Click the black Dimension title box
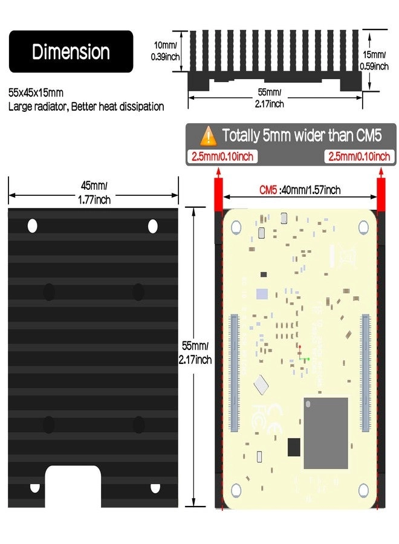tap(71, 51)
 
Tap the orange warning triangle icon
tap(208, 135)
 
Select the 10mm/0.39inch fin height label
tap(165, 51)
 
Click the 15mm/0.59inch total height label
tap(374, 60)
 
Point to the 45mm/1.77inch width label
tap(94, 193)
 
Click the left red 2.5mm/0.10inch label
tap(222, 157)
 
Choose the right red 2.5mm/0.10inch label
tap(359, 157)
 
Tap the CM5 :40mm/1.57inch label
tap(300, 190)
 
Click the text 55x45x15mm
tap(36, 93)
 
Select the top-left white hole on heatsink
tap(32, 226)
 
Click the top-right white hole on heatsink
tap(153, 226)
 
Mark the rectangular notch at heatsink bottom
tap(73, 487)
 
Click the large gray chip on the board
tap(326, 433)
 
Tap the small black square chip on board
tap(294, 447)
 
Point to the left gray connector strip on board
tap(235, 373)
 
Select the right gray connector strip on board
tap(366, 373)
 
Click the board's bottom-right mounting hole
tap(363, 490)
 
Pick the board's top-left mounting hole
tap(236, 227)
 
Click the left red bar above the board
tap(218, 194)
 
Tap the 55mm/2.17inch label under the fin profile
tap(269, 98)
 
